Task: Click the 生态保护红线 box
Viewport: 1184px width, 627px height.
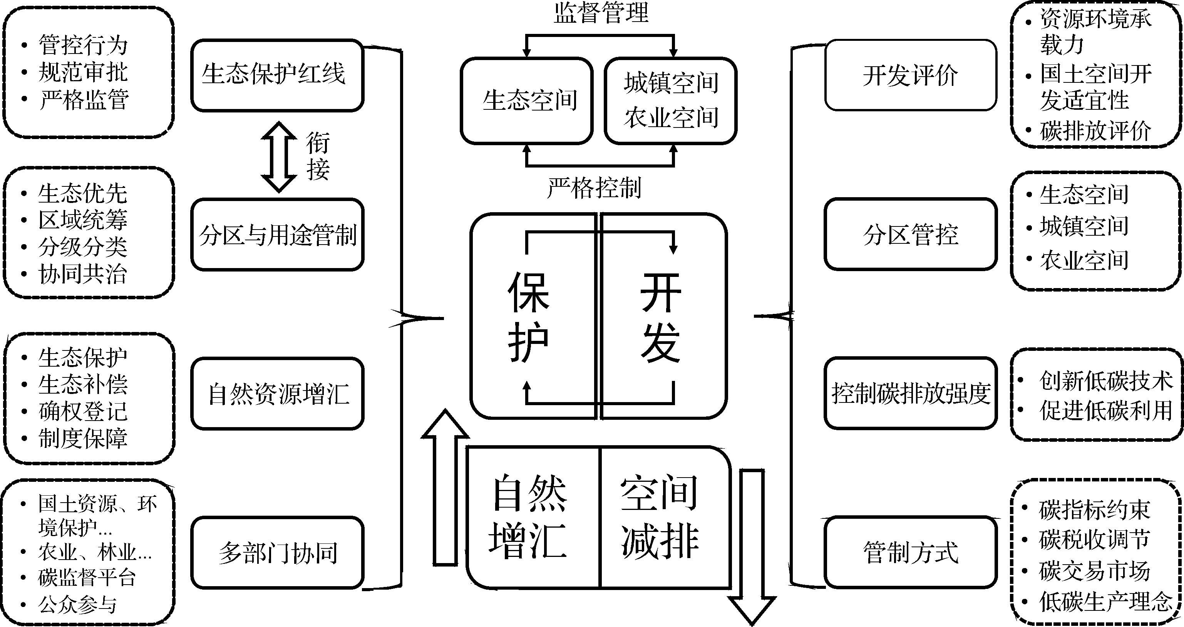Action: [277, 75]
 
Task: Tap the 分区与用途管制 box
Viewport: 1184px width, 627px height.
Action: [277, 235]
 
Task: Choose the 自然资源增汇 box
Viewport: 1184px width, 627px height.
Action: [277, 394]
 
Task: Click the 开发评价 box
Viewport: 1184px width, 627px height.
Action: [910, 75]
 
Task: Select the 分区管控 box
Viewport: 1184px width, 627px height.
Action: [910, 235]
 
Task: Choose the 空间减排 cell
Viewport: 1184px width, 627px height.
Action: [660, 517]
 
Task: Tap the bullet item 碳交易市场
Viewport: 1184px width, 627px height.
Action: [1094, 571]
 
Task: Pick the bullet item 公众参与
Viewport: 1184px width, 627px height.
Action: [77, 605]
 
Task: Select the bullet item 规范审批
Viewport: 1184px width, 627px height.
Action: [83, 72]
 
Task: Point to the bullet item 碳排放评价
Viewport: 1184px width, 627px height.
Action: [1095, 131]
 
